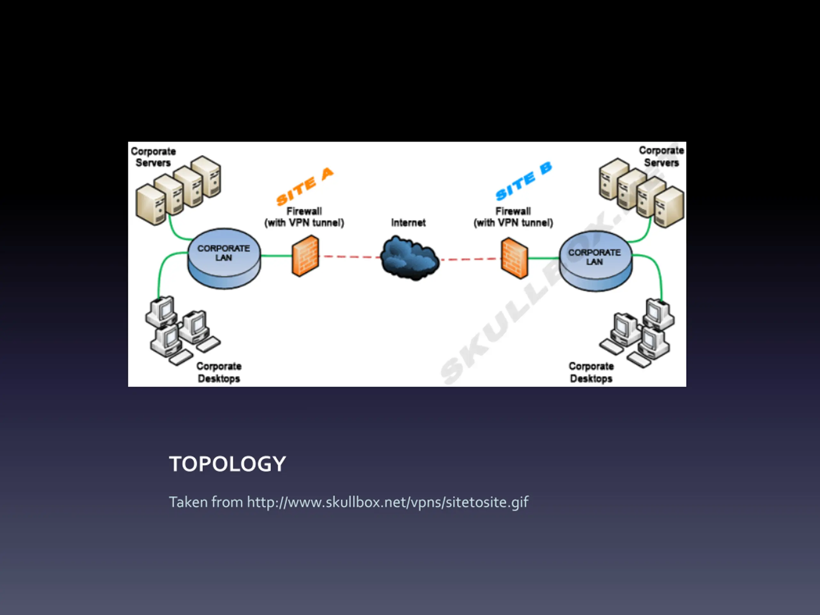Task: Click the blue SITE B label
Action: pyautogui.click(x=523, y=182)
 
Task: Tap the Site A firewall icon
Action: pyautogui.click(x=305, y=256)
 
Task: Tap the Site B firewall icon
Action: pyautogui.click(x=514, y=258)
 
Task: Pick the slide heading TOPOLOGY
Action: pyautogui.click(x=227, y=464)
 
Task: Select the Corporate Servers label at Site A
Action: pyautogui.click(x=153, y=157)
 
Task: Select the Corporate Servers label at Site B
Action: pyautogui.click(x=661, y=156)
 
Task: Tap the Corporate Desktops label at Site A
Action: pyautogui.click(x=219, y=372)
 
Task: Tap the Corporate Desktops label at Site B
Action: pyautogui.click(x=591, y=372)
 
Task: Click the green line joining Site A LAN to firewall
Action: pyautogui.click(x=276, y=255)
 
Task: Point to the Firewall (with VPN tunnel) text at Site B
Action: pyautogui.click(x=513, y=217)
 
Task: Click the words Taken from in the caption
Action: pyautogui.click(x=206, y=502)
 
